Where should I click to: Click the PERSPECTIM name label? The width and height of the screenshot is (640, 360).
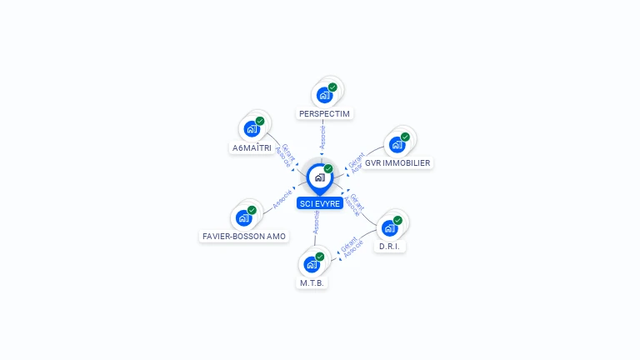(325, 113)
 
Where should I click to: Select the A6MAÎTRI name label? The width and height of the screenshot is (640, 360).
(251, 148)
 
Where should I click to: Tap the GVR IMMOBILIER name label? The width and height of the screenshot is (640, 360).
(397, 163)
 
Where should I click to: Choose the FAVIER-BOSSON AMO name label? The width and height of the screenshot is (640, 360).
(243, 237)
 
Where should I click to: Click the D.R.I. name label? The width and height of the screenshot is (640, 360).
(387, 247)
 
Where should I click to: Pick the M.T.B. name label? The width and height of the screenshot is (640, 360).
(312, 283)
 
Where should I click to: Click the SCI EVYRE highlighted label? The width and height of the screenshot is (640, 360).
(319, 203)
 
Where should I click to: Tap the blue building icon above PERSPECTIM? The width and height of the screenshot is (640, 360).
(324, 95)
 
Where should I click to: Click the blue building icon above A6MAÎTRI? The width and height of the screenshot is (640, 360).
(251, 129)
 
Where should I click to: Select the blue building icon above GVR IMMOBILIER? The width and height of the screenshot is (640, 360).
(397, 144)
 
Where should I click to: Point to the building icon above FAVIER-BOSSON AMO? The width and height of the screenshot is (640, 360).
(243, 217)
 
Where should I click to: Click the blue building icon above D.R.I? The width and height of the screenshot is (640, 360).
(388, 227)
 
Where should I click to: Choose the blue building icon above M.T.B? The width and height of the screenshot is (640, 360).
(312, 264)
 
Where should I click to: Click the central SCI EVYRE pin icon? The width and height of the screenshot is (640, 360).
(319, 177)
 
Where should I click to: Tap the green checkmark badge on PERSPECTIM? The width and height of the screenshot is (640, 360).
(332, 87)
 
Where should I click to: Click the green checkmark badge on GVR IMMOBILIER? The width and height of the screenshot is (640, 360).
(405, 137)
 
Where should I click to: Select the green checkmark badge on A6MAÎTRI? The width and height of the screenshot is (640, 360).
(260, 121)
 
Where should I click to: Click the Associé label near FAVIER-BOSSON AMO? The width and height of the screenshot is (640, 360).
(282, 199)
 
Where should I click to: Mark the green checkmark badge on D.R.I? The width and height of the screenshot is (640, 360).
(397, 220)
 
